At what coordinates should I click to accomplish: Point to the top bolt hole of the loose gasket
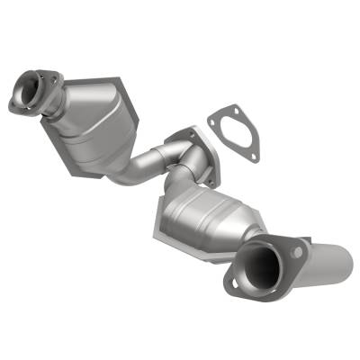coord(213,115)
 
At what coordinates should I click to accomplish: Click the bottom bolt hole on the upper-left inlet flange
coord(16,106)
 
